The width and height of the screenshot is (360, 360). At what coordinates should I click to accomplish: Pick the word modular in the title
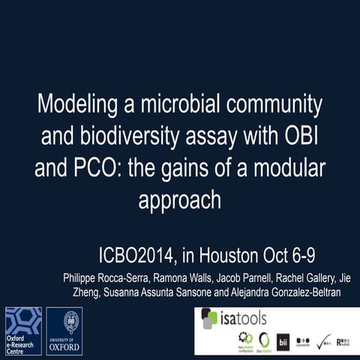click(x=293, y=168)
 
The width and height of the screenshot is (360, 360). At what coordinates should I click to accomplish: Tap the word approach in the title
click(x=180, y=201)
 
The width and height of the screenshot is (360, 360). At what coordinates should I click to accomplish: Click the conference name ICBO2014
click(x=142, y=257)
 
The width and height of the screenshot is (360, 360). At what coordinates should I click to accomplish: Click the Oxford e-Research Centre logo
click(x=23, y=331)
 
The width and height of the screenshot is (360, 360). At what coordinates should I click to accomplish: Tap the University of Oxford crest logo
click(x=64, y=331)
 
